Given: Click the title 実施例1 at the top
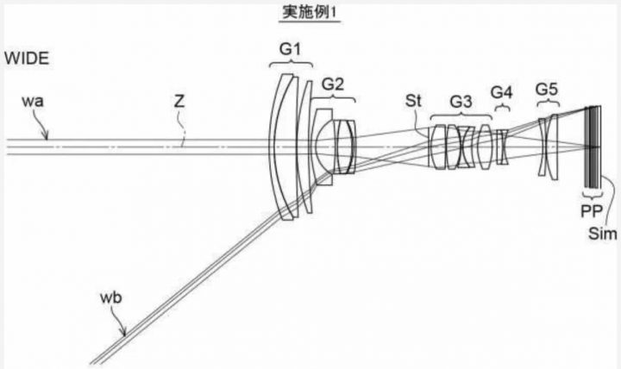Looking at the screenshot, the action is pos(310,12).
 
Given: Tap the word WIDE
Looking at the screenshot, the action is pos(27,59).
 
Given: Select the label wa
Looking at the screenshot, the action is pos(33,102).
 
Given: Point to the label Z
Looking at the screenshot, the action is pos(179,102).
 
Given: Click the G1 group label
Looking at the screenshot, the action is pos(291,49).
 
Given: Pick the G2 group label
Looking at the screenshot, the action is pos(333,84).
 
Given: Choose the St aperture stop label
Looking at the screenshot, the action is pos(413,102).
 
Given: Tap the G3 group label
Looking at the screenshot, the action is pos(461,102).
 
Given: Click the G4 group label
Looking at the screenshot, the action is pos(501,92).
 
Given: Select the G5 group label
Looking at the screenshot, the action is pos(547,90).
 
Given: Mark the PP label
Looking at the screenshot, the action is pos(592,211).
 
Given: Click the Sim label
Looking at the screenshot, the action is pos(602,234).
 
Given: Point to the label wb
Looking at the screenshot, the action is pos(111,297).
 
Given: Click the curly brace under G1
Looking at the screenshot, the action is pos(291,64).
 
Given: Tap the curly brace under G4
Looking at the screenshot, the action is pos(502,107).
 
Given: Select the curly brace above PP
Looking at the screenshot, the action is pos(593,195).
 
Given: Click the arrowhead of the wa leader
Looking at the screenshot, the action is pos(47,136).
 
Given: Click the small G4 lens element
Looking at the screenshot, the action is pos(503,147).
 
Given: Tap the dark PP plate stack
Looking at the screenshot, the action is pos(593,147).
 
